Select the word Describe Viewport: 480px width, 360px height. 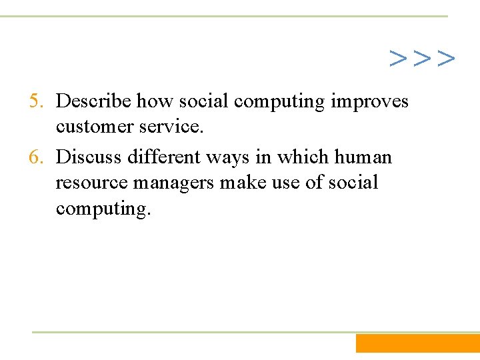pyautogui.click(x=94, y=101)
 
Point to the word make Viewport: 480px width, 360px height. pyautogui.click(x=251, y=183)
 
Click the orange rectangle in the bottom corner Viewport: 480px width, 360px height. pyautogui.click(x=417, y=343)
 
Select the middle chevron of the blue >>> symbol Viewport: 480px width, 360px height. pyautogui.click(x=422, y=59)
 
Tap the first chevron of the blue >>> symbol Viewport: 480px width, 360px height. pyautogui.click(x=399, y=59)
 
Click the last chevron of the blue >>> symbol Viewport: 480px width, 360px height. pyautogui.click(x=446, y=59)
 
